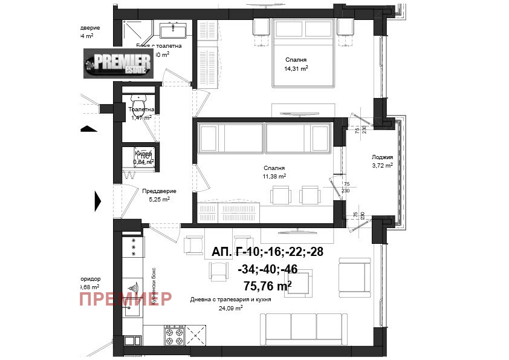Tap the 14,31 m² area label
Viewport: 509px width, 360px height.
297,68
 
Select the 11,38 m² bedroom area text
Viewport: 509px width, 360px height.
274,176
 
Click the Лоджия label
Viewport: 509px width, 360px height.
382,157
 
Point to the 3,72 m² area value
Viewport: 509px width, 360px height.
382,165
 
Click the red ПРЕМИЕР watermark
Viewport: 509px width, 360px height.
125,298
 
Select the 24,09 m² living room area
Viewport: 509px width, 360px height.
230,307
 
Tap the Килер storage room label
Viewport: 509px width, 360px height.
143,154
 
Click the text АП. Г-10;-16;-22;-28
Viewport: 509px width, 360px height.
268,253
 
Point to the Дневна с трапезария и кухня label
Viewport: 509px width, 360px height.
230,299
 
